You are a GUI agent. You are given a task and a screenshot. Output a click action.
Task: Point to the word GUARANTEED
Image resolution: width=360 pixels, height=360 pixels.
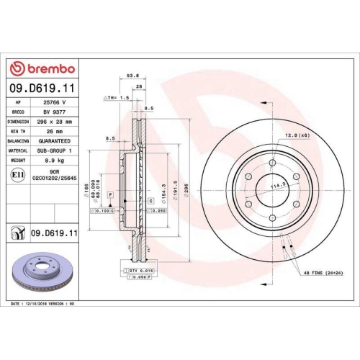tap(57, 142)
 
